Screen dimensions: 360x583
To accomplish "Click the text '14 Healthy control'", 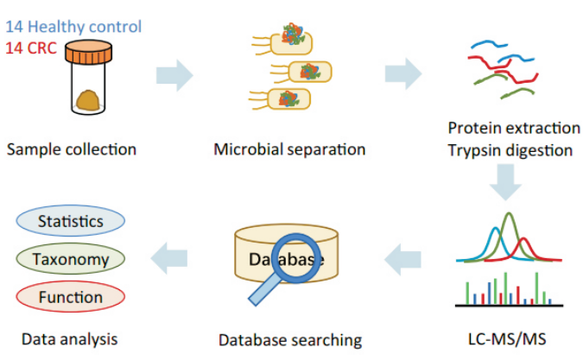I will click(73, 27).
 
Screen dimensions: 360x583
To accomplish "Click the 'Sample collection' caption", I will click(72, 149).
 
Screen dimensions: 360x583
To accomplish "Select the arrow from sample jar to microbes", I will click(174, 75).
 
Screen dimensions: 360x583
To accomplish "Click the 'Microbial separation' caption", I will click(289, 149).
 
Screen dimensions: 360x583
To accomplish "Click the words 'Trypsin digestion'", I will click(510, 150).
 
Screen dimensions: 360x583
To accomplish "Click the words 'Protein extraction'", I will click(514, 128).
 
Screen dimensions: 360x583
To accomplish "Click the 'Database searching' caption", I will click(289, 339).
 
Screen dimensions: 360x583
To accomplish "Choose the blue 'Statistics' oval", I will click(70, 222).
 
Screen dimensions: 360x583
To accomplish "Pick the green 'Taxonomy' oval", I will click(70, 259).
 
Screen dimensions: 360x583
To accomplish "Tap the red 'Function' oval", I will click(70, 297).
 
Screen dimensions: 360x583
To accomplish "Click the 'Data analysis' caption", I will click(69, 338).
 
